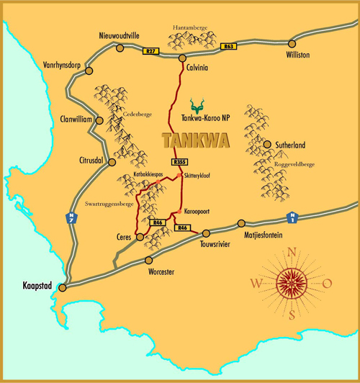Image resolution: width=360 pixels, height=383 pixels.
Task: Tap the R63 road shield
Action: point(229,47)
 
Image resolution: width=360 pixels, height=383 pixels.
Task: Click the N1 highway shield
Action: point(292,215)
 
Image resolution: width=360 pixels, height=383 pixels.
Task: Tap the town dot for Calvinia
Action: point(183,58)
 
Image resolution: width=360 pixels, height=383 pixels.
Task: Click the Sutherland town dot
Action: point(268,145)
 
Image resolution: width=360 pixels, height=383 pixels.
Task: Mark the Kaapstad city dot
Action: point(62,288)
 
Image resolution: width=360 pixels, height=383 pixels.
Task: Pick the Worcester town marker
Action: point(149,260)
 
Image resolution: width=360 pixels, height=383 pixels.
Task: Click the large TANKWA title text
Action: point(196,140)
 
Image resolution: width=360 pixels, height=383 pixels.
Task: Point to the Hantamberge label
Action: point(190,27)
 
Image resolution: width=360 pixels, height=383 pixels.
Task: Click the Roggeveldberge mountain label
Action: point(294,164)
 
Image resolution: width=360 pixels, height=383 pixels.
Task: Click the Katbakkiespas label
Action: point(150,175)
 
